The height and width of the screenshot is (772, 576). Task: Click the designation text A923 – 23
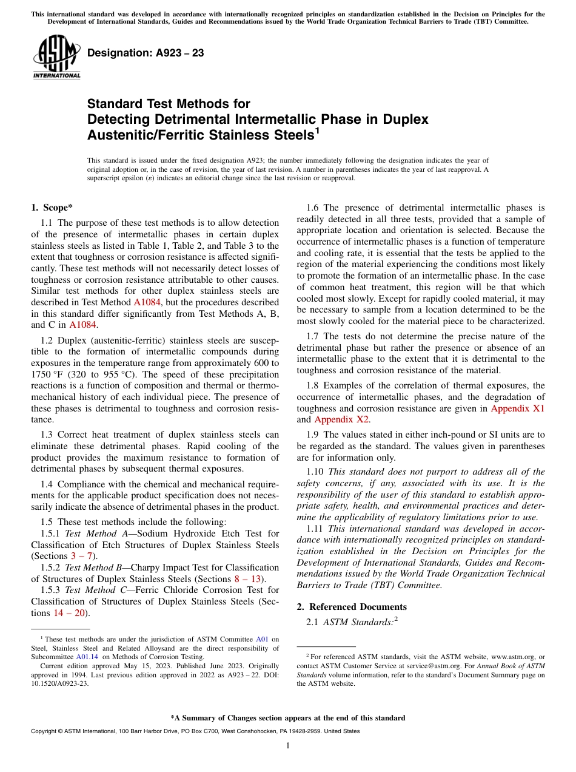146,53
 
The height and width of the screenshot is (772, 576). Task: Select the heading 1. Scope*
52,208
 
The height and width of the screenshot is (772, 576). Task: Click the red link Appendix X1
517,408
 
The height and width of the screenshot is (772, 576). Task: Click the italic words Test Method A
92,533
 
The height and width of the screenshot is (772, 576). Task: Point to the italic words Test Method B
93,567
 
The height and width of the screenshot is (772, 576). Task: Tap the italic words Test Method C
92,590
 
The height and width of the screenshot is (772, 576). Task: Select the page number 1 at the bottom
288,746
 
